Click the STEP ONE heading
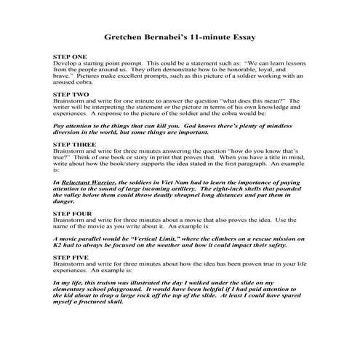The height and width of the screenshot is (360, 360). point(70,56)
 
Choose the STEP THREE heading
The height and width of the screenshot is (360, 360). point(73,145)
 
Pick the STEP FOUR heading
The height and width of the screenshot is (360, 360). point(72,212)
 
